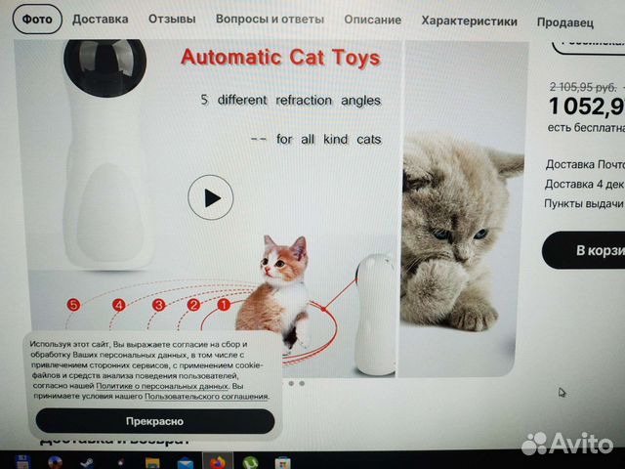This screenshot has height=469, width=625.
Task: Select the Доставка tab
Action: click(x=100, y=19)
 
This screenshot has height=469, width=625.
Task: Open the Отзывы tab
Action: click(x=172, y=19)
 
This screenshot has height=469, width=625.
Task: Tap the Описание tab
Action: click(x=372, y=20)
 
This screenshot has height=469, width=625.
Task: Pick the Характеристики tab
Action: click(x=471, y=20)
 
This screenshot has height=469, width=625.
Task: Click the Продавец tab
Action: click(x=566, y=21)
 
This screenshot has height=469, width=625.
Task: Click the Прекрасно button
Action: click(x=154, y=421)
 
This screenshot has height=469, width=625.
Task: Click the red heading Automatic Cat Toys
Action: click(x=280, y=58)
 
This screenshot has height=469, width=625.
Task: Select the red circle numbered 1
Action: click(x=223, y=305)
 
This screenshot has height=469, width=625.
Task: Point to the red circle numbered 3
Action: click(x=158, y=305)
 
